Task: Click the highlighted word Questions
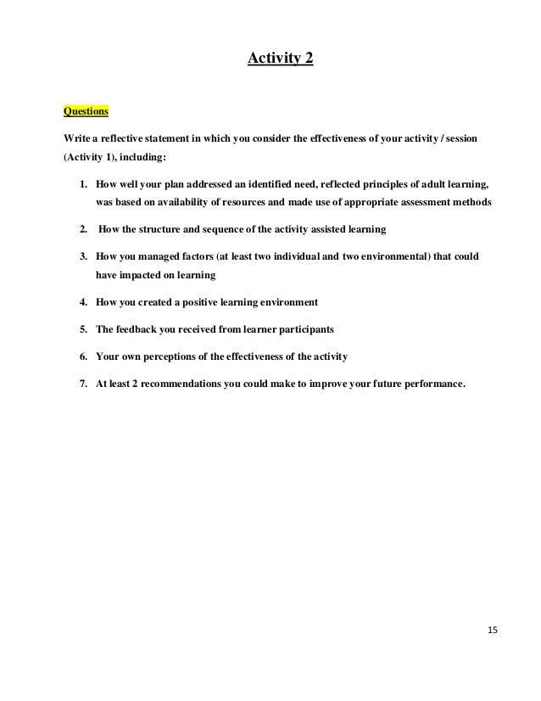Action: (x=86, y=110)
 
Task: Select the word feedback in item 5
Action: (x=142, y=328)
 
